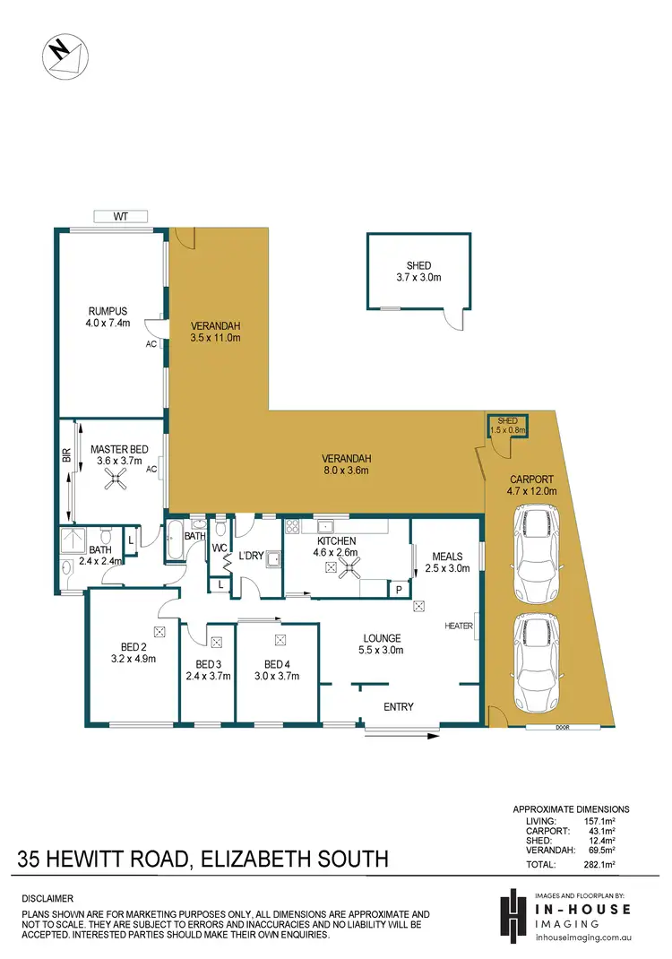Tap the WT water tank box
click(120, 216)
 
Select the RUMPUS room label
click(107, 310)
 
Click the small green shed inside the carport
click(508, 425)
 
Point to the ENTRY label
click(399, 707)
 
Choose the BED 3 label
click(207, 664)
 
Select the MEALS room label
click(446, 557)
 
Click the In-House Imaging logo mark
click(513, 915)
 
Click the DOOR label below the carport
click(563, 728)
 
